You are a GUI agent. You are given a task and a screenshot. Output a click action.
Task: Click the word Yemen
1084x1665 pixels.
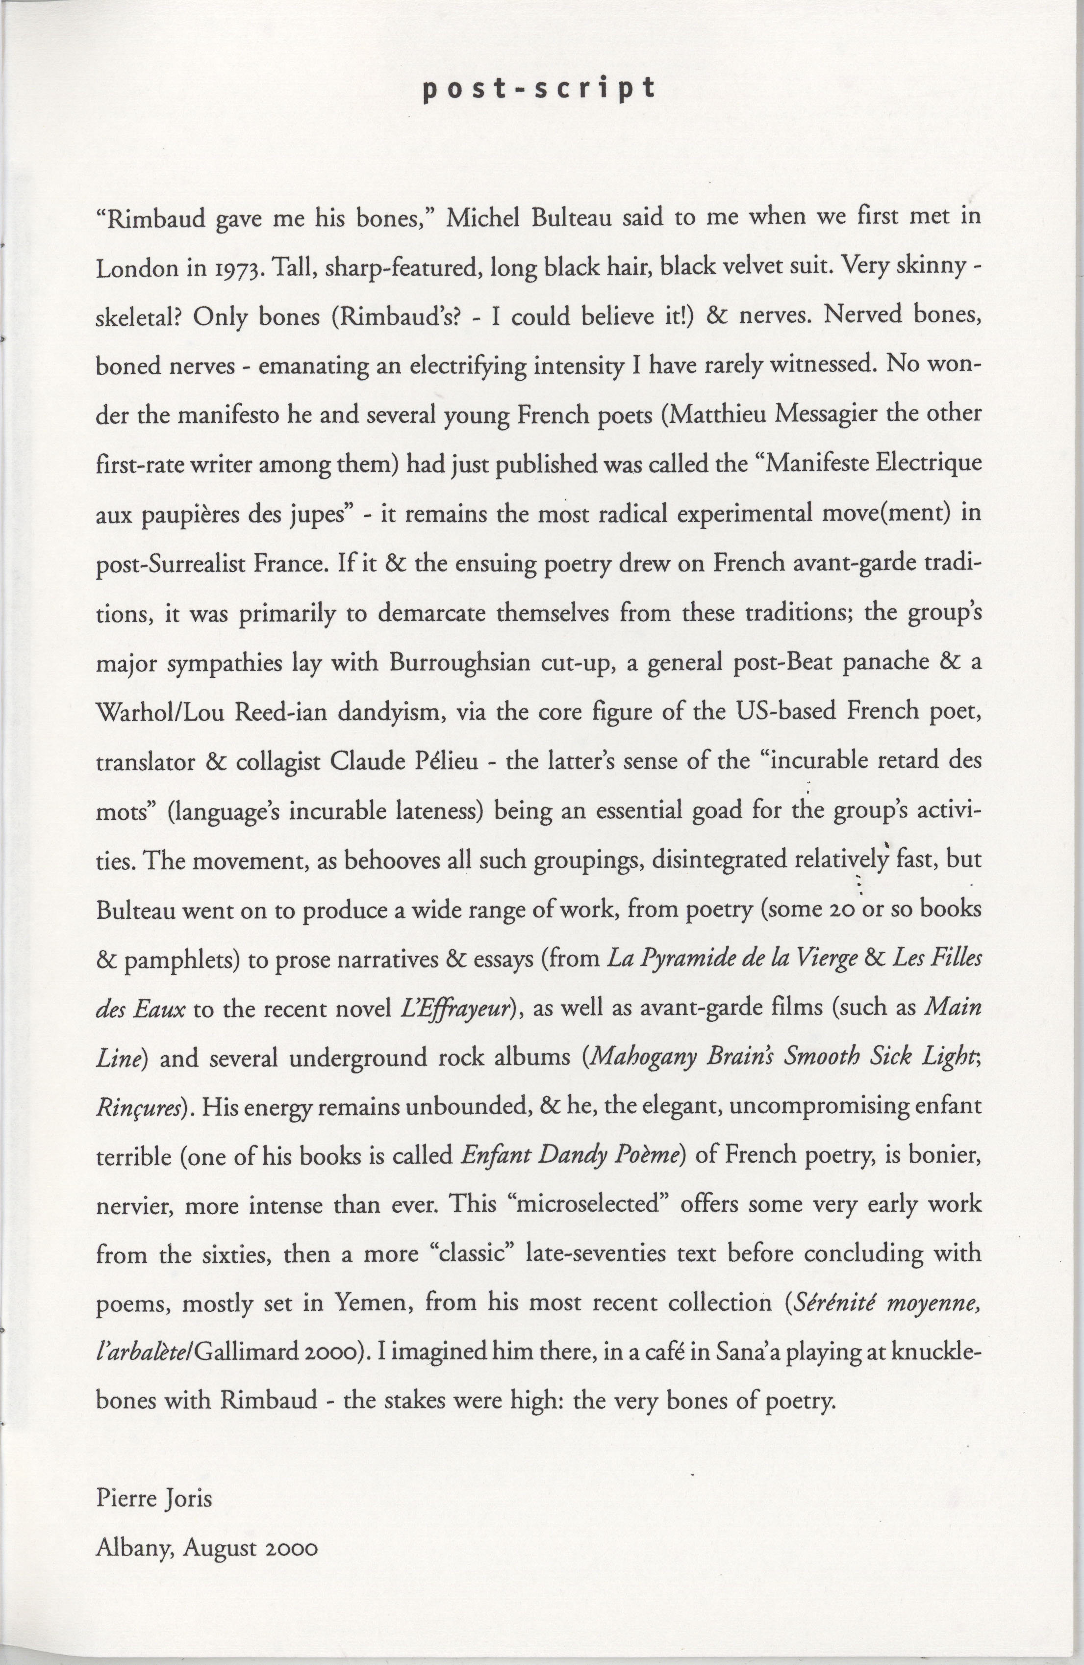click(x=373, y=1303)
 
